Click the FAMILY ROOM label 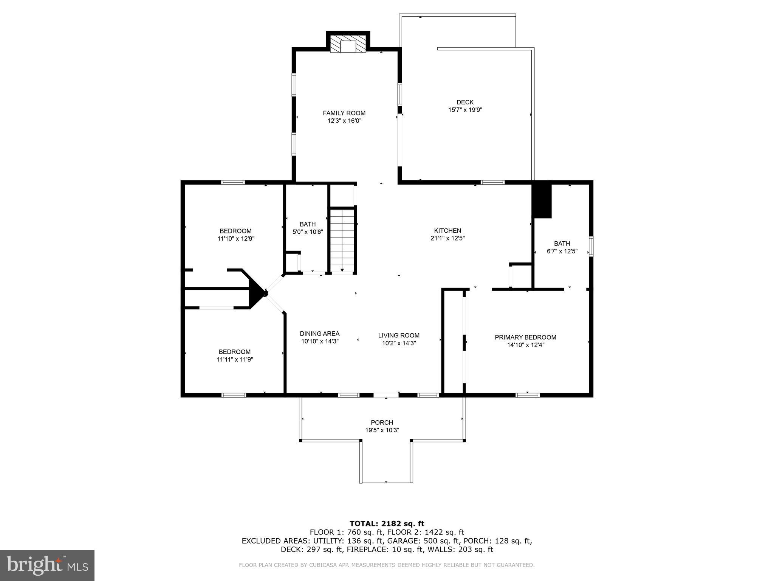click(344, 113)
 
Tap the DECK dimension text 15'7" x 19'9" click(465, 110)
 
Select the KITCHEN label click(447, 230)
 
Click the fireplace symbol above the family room click(348, 44)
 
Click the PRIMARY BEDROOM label click(525, 337)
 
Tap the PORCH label click(382, 423)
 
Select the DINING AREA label click(319, 334)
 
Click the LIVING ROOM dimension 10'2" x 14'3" click(399, 343)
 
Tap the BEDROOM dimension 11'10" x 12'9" click(235, 239)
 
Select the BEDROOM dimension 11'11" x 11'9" click(235, 360)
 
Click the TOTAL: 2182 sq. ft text click(387, 524)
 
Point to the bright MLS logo click(47, 565)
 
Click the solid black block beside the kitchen click(542, 201)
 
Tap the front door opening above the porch click(386, 395)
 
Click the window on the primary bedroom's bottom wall click(528, 395)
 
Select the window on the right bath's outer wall click(591, 246)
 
